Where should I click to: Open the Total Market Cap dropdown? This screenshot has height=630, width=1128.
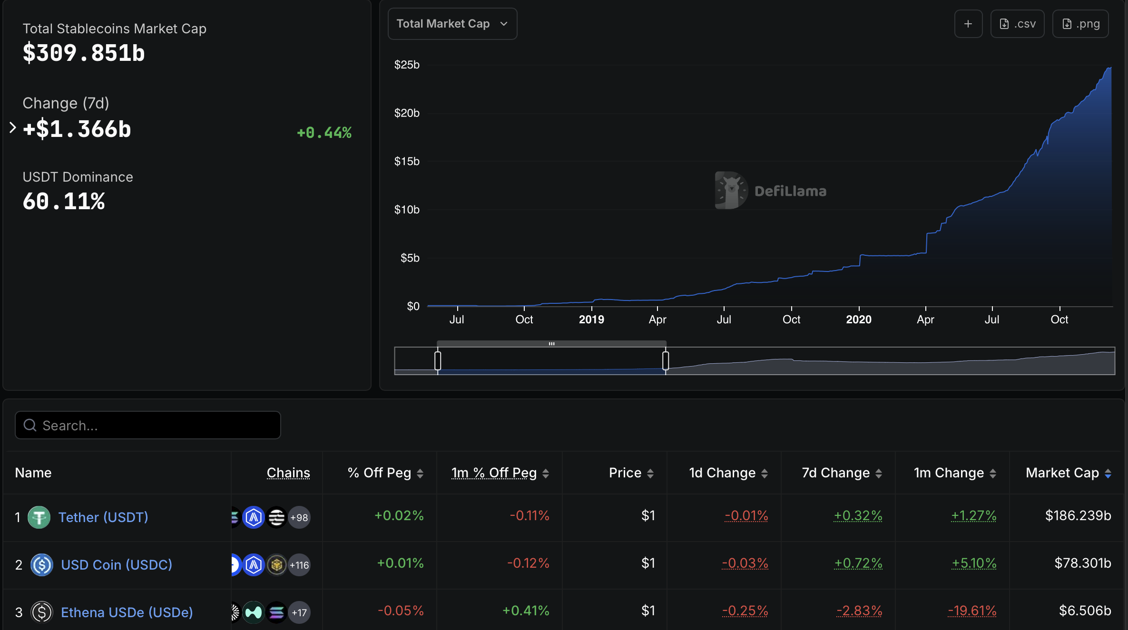(452, 24)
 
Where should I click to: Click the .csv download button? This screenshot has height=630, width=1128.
(1017, 24)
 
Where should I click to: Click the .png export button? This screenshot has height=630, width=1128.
(1080, 24)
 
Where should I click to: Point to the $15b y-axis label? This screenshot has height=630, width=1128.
(407, 162)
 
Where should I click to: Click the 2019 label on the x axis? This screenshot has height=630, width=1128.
(591, 320)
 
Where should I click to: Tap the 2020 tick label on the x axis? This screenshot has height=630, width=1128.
(858, 320)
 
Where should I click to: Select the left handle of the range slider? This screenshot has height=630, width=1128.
(438, 360)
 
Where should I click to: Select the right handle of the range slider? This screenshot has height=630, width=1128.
(666, 360)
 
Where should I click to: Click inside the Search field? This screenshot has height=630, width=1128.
(147, 425)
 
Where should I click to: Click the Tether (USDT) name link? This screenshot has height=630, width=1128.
(103, 517)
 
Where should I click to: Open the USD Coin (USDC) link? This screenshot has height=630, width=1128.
(117, 565)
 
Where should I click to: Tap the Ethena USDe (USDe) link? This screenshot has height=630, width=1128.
(127, 612)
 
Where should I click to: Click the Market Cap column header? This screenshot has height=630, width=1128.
(1062, 473)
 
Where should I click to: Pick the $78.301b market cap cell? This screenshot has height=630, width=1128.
(1082, 563)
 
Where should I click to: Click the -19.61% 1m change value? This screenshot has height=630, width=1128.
(971, 611)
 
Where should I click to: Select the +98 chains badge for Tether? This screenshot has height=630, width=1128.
(299, 517)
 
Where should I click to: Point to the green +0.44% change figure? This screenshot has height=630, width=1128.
(324, 133)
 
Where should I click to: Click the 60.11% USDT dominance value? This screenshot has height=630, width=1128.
(64, 201)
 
